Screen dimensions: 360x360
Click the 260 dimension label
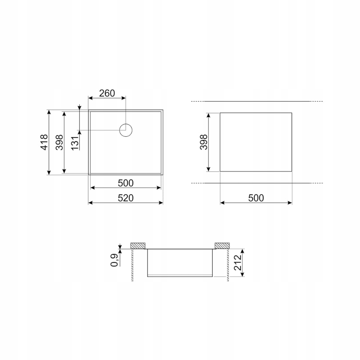coord(107,93)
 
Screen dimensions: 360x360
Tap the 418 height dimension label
coord(44,142)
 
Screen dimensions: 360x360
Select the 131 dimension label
coord(75,143)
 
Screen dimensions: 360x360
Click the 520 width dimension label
coord(126,198)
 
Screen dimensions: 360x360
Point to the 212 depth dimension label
coord(238,262)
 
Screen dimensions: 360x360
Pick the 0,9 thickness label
coord(114,260)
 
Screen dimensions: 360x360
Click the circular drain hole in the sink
coord(126,130)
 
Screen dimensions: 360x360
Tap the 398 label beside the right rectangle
coord(203,142)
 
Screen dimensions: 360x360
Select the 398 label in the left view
coord(59,142)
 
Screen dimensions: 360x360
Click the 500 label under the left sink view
coord(126,183)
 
